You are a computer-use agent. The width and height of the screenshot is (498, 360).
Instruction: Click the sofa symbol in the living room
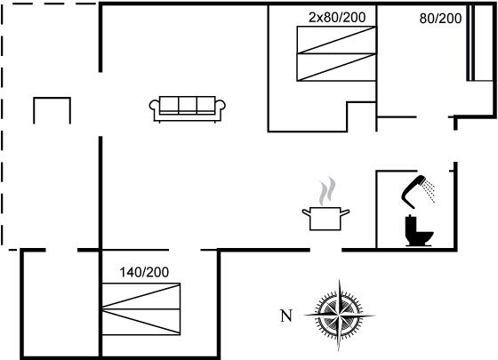coord(188,109)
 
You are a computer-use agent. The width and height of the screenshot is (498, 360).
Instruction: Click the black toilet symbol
coord(419,231)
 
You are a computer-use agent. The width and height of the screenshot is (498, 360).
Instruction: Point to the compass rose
coord(339,315)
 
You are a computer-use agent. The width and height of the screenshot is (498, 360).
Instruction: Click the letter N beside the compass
coord(286,316)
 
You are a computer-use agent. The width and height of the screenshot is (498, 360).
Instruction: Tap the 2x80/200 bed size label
coord(337,17)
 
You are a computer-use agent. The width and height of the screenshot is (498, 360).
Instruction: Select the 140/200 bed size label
coord(144,272)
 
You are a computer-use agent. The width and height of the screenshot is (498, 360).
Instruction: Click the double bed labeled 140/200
coord(141,309)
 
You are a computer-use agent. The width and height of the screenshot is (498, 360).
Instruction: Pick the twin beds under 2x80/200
coord(336,53)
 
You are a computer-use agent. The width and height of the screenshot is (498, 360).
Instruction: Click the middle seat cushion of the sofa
coord(188,105)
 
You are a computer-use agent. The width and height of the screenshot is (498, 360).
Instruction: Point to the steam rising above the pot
coord(327,191)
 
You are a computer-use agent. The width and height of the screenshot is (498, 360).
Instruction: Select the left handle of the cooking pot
coord(306,212)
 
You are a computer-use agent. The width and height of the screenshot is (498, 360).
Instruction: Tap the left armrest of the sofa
coord(154,106)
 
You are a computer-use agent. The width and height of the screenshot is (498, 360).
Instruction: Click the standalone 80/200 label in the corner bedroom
coord(440,19)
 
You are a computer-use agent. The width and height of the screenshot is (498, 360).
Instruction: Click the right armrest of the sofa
coord(221,106)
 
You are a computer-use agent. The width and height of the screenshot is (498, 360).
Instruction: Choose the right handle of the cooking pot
coord(345,212)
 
